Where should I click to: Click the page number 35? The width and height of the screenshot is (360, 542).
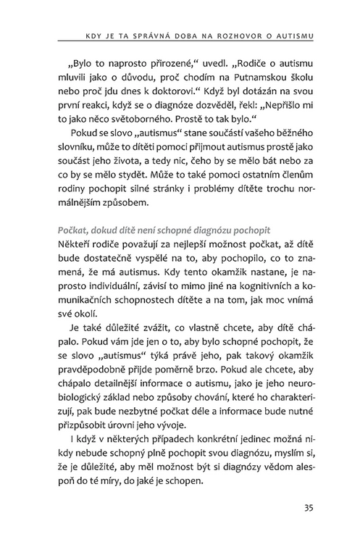tap(309, 506)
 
